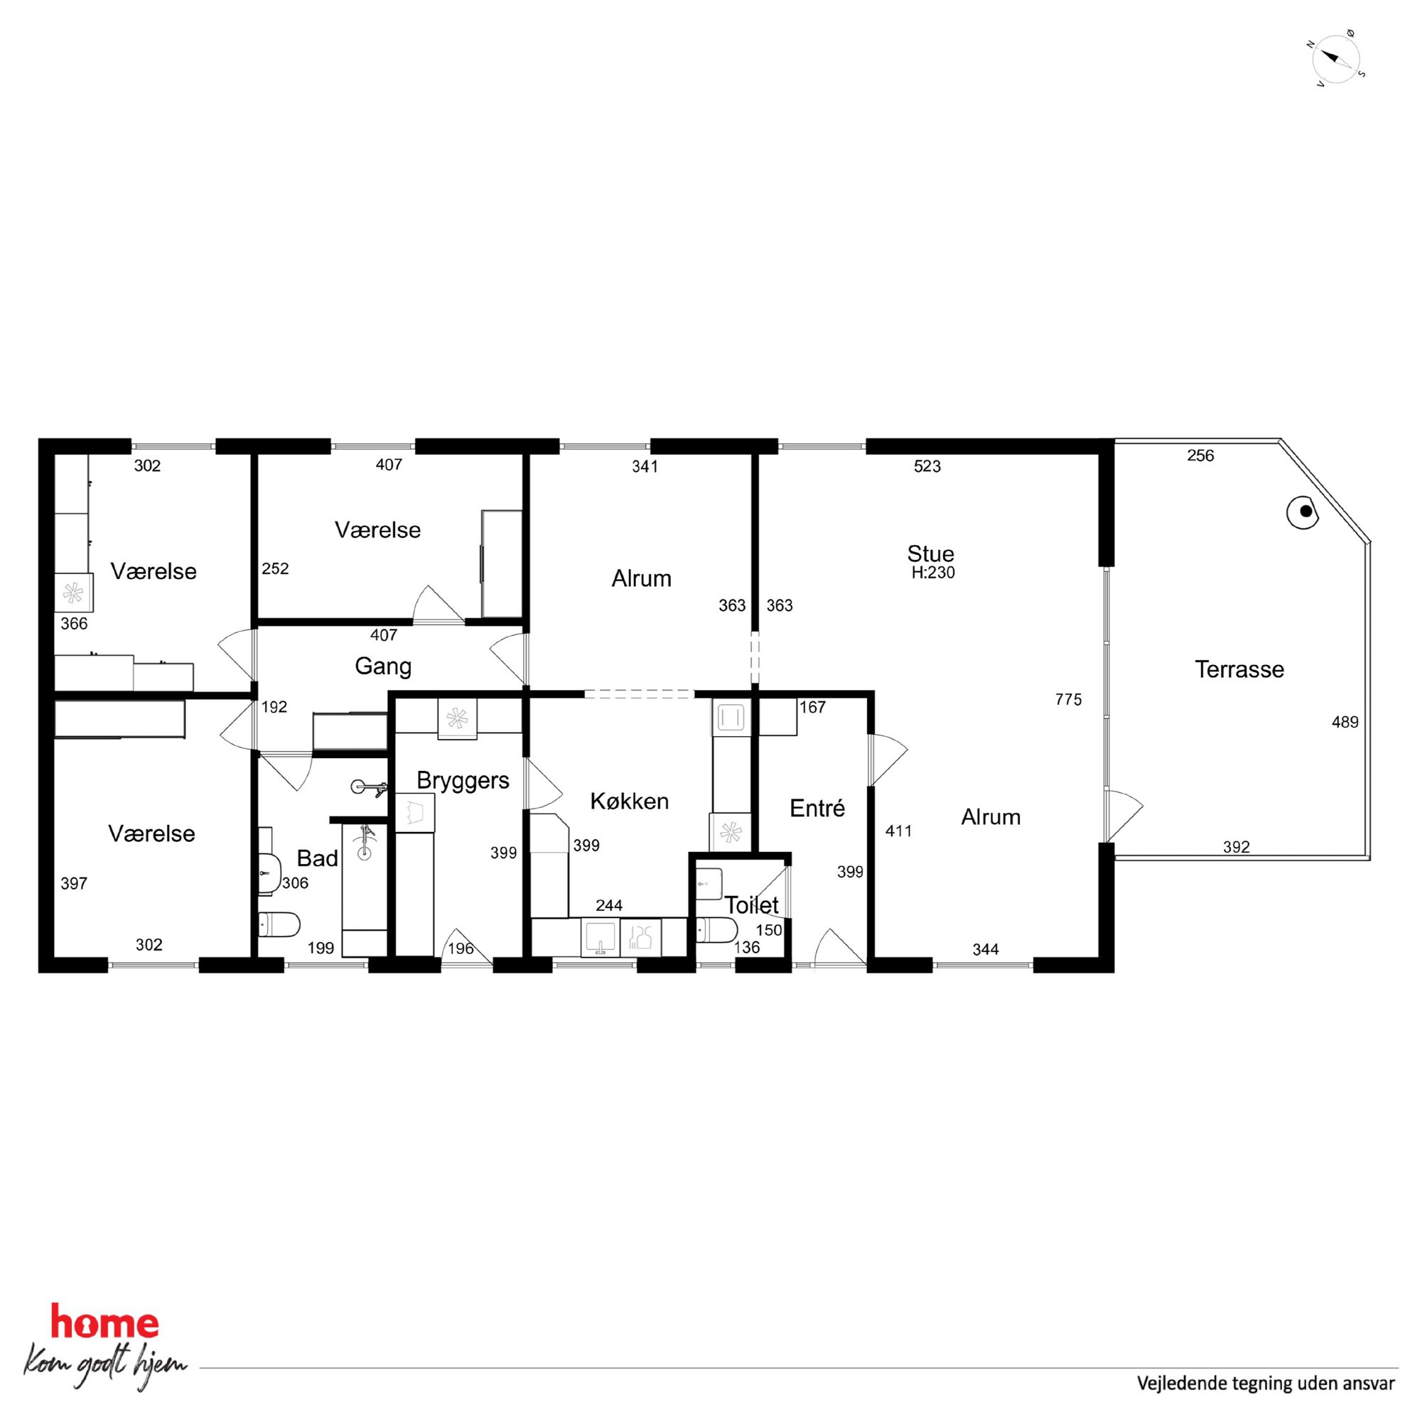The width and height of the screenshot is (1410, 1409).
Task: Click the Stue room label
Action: [930, 553]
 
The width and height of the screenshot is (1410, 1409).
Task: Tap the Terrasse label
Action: [1239, 669]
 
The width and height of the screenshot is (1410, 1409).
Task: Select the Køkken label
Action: [629, 801]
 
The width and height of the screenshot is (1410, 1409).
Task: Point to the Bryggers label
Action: [463, 782]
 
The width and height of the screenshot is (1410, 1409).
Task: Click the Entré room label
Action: [817, 808]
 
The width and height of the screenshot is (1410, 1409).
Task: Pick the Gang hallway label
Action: [383, 667]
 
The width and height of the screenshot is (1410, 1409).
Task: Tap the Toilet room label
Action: [752, 905]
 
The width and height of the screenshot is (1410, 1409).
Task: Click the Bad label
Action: [318, 858]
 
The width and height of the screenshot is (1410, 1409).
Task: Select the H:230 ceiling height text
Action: [932, 573]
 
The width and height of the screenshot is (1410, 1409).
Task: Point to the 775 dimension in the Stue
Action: [1068, 700]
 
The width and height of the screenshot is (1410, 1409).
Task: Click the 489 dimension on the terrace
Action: [1345, 723]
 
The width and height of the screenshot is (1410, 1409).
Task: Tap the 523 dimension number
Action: [927, 466]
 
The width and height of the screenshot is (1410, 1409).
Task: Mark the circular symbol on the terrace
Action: [1303, 512]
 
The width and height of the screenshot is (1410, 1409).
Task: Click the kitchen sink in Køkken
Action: [600, 938]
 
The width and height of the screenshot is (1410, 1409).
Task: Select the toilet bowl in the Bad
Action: [279, 925]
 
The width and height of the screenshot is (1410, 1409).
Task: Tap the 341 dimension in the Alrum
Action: [645, 467]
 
